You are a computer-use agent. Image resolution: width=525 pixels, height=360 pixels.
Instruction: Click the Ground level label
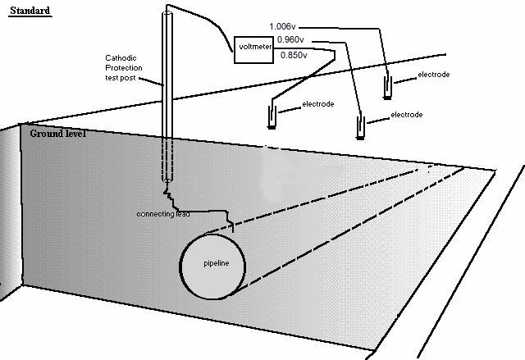click(58, 133)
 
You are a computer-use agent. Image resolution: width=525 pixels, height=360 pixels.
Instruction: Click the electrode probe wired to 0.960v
click(359, 127)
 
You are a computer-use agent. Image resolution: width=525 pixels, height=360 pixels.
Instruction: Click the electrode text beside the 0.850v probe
click(318, 105)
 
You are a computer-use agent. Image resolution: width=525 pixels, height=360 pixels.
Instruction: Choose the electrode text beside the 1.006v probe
click(434, 75)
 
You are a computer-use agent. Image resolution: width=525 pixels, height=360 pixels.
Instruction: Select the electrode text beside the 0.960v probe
click(406, 115)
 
